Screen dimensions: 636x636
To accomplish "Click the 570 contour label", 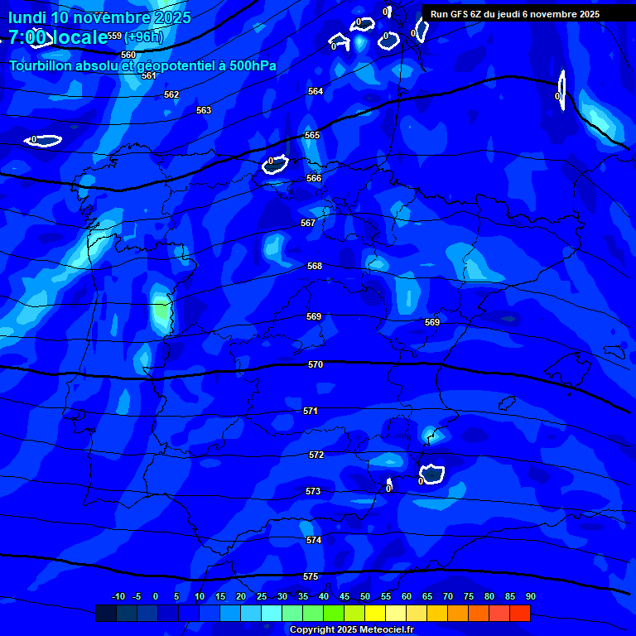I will tap(315, 364).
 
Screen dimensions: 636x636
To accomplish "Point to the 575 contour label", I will tap(310, 576).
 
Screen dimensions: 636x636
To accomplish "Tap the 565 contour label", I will tap(312, 135).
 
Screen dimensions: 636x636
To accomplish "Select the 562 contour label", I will tap(171, 94).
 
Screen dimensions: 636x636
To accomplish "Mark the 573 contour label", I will tap(312, 491).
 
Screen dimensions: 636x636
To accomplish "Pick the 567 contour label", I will tap(308, 223).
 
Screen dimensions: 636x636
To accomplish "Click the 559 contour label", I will tap(114, 36).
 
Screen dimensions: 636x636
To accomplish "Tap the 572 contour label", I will tap(316, 455).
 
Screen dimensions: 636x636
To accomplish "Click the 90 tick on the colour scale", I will tap(530, 596).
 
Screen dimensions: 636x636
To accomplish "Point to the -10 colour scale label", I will tap(118, 596).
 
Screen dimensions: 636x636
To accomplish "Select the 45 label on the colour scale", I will tap(344, 596).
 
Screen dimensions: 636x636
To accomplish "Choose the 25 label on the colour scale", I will tap(262, 596).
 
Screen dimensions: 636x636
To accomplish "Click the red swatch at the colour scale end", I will tap(520, 613).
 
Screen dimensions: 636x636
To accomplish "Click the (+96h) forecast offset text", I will tap(144, 36).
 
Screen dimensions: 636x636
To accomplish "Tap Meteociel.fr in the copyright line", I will tap(383, 629).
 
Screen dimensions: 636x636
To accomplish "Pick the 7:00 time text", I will tap(27, 36).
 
